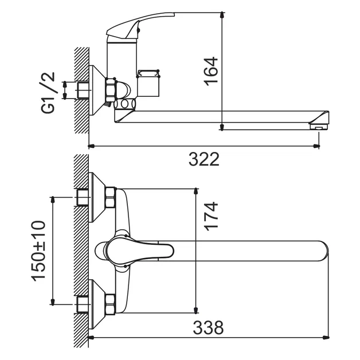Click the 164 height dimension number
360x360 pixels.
[212, 71]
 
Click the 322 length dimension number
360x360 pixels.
[204, 159]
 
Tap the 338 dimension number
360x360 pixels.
[208, 328]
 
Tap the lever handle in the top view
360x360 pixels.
[138, 251]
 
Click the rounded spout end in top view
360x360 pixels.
[321, 251]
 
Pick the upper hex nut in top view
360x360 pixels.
[110, 198]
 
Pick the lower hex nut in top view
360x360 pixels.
[110, 303]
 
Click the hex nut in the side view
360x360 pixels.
[110, 91]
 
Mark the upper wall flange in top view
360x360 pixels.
[97, 198]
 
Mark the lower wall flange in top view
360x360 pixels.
[97, 303]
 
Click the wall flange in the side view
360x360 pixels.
[96, 91]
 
